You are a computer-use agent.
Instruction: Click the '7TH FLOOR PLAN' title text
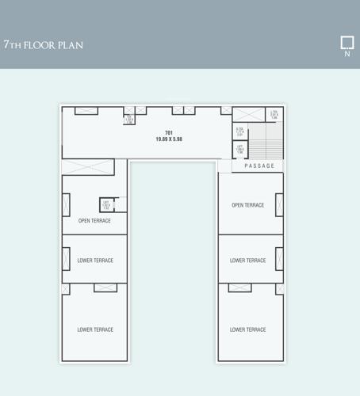click(43, 45)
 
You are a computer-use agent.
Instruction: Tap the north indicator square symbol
click(347, 42)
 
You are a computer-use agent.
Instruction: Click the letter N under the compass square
click(347, 55)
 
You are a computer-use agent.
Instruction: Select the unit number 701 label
click(169, 132)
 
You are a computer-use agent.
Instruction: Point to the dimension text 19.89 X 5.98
click(169, 139)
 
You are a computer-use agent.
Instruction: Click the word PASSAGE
click(259, 166)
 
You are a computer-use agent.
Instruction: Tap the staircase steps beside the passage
click(266, 141)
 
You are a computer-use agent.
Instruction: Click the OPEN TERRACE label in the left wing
click(94, 221)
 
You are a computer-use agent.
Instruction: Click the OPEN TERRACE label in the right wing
click(247, 205)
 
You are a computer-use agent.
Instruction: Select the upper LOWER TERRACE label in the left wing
click(95, 261)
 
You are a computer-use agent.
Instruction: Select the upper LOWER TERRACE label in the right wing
click(247, 261)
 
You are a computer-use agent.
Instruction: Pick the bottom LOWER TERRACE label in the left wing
click(95, 329)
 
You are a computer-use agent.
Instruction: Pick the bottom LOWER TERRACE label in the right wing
click(247, 329)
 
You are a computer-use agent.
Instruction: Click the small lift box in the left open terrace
click(106, 205)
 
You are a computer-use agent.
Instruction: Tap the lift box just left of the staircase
click(239, 149)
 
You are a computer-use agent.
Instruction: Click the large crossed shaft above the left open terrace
click(87, 167)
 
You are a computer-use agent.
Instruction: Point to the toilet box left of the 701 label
click(128, 120)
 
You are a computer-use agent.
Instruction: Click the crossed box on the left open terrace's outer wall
click(66, 204)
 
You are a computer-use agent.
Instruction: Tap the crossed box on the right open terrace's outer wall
click(279, 204)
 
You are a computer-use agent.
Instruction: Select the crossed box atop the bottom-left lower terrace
click(105, 287)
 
